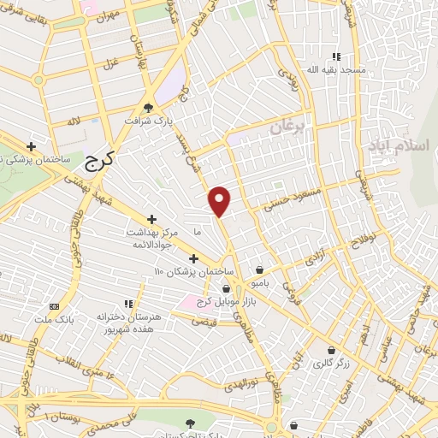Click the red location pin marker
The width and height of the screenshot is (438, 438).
click(x=221, y=201)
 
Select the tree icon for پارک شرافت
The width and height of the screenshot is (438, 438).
click(x=150, y=107)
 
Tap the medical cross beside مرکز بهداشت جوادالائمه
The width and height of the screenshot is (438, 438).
click(x=152, y=220)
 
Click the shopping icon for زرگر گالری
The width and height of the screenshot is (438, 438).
click(x=331, y=350)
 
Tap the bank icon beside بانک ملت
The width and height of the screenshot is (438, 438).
click(x=55, y=305)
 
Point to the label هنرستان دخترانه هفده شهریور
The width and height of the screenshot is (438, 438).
click(x=129, y=323)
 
